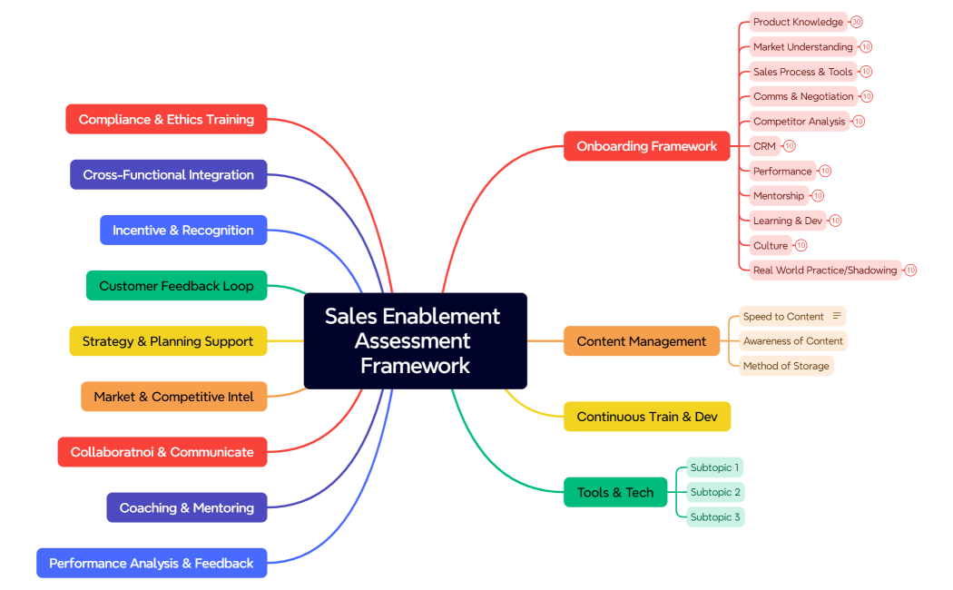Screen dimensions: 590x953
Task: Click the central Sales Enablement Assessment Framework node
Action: tap(415, 340)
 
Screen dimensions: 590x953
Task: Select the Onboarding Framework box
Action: tap(646, 146)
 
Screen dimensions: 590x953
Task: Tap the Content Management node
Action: tap(641, 341)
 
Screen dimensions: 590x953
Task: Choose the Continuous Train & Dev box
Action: tap(646, 417)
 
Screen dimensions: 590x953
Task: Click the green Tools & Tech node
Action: tap(614, 492)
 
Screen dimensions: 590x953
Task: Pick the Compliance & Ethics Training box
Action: tap(166, 119)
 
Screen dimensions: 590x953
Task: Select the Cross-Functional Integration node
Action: tap(168, 174)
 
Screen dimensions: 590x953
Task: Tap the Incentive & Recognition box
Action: tap(182, 231)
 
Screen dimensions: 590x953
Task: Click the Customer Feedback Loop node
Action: tap(176, 286)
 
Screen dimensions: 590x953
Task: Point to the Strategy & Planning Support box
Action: tap(168, 341)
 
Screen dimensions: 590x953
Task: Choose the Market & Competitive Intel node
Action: tap(173, 397)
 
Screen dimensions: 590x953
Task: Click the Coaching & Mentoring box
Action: tap(186, 507)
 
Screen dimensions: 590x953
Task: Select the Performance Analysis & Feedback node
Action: tap(151, 563)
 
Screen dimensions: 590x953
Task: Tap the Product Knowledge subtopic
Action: tap(798, 22)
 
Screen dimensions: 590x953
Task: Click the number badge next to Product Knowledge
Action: tap(857, 22)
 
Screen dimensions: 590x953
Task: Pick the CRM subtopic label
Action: tap(764, 146)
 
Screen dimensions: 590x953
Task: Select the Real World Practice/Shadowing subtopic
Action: tap(824, 270)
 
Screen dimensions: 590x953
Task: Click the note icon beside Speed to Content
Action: tap(837, 316)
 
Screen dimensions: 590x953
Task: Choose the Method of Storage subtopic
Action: tap(786, 366)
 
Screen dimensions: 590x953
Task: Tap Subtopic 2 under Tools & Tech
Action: tap(715, 492)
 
